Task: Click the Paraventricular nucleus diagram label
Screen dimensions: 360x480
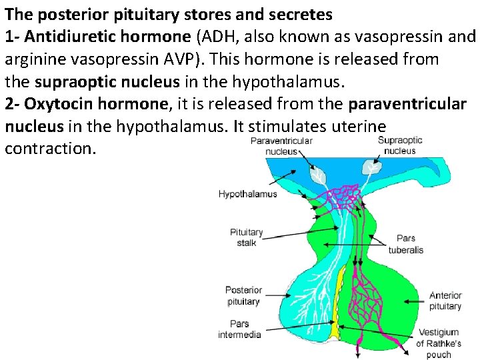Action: click(281, 146)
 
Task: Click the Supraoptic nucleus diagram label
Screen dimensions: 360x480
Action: click(400, 145)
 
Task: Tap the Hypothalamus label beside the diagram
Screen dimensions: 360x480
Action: click(247, 194)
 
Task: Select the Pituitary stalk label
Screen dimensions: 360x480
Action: click(247, 237)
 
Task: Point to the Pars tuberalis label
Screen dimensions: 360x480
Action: click(405, 244)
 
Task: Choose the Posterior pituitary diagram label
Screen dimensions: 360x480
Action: click(243, 296)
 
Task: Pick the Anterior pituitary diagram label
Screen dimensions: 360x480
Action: click(445, 301)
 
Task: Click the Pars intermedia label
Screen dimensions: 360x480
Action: click(240, 329)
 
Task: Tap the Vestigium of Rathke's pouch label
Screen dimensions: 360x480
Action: click(438, 343)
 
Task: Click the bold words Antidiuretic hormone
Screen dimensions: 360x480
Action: click(98, 36)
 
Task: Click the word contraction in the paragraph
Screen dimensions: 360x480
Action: click(51, 148)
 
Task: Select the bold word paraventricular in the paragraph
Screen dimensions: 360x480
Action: click(407, 104)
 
